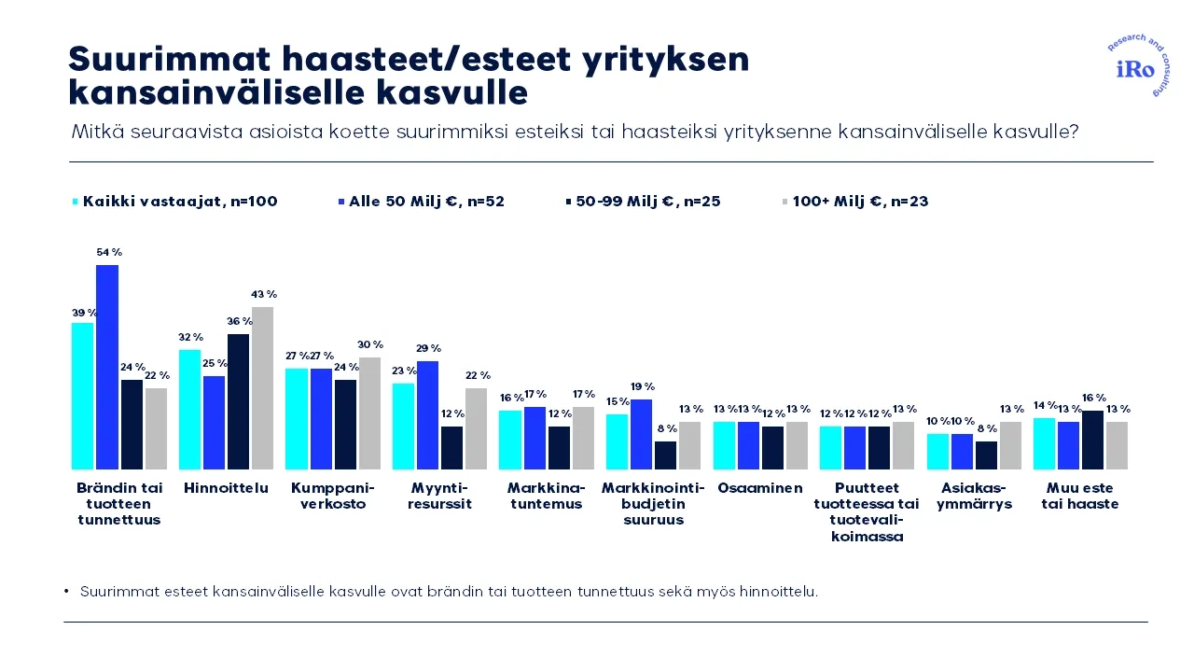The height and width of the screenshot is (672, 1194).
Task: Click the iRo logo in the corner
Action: tap(1135, 69)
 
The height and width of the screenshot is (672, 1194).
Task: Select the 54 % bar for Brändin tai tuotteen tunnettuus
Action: tap(107, 367)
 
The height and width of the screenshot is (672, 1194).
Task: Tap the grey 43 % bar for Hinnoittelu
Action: tap(262, 387)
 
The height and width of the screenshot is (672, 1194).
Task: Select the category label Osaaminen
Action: tap(760, 488)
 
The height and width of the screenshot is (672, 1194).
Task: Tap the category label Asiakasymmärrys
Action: tap(974, 496)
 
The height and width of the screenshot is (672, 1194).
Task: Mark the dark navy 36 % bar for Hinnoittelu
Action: tap(239, 401)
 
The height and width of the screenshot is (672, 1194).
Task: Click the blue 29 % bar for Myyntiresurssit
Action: tap(427, 414)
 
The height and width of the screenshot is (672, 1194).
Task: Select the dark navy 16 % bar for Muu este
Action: tap(1092, 440)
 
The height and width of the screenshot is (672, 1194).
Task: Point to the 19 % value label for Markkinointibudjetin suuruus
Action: tap(643, 386)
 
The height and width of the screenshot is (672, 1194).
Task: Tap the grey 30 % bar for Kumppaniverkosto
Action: tap(369, 413)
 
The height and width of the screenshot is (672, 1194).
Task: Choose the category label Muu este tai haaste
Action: tap(1080, 496)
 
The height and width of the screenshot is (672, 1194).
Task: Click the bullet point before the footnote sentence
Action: tap(67, 592)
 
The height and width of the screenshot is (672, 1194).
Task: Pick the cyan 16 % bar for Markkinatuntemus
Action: tap(510, 440)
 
